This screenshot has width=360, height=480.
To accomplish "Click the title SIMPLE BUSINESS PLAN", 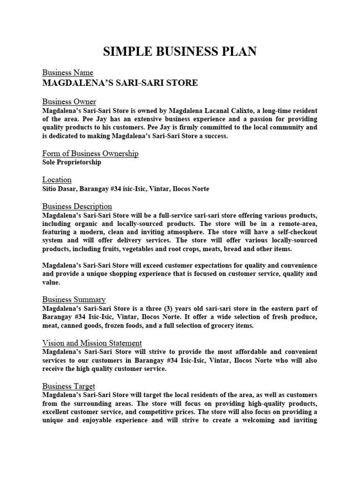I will [x=180, y=52].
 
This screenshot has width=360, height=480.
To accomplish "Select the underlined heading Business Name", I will [x=67, y=73].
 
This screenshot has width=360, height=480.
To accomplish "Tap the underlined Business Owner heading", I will [x=69, y=102].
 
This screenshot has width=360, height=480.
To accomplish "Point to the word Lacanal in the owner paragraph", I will [x=227, y=110].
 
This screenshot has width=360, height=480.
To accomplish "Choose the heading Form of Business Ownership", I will [x=90, y=154].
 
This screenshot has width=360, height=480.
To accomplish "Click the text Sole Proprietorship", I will [x=71, y=162].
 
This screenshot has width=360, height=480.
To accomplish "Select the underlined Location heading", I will [x=57, y=180].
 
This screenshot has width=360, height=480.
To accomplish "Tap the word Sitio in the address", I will [x=51, y=188].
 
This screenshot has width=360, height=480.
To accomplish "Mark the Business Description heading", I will [x=77, y=206].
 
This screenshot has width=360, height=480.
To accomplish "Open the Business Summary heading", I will [x=74, y=299].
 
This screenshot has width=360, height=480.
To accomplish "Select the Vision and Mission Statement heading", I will [x=92, y=343].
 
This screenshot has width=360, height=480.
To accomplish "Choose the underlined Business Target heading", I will [x=68, y=386].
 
